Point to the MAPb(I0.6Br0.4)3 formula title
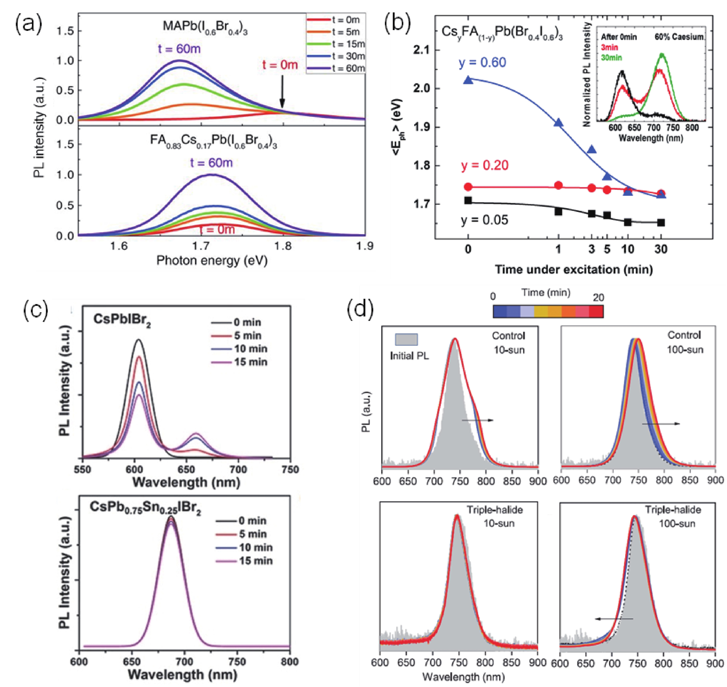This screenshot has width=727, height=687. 205,27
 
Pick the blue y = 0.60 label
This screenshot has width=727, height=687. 482,62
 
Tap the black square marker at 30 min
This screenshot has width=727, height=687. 661,222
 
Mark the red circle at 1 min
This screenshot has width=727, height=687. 558,185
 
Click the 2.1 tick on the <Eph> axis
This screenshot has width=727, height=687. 421,50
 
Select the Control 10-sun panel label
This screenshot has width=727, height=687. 509,343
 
